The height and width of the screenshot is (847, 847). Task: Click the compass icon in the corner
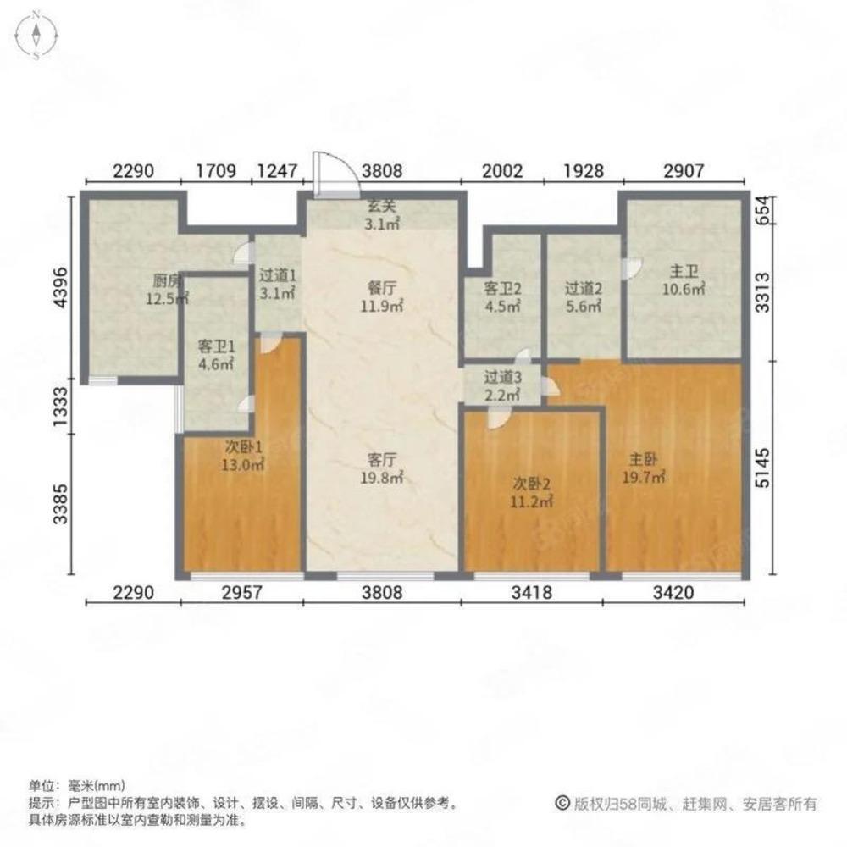tap(37, 36)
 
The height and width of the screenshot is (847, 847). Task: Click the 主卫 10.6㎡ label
tap(684, 280)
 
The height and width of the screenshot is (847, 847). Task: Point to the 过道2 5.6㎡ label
tap(584, 297)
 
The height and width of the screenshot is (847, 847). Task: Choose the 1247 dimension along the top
tap(276, 169)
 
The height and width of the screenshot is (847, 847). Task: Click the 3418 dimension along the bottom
tap(532, 593)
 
